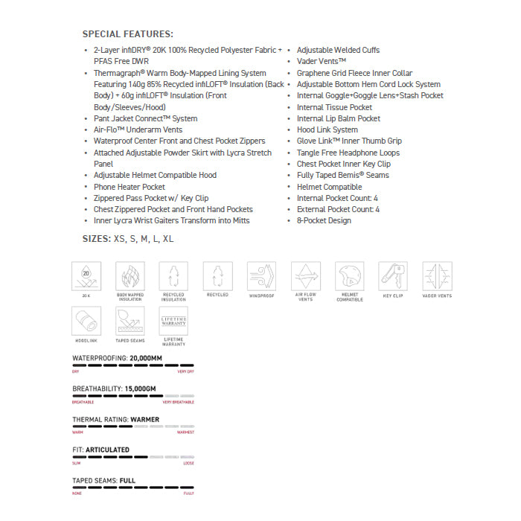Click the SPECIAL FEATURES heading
click(127, 33)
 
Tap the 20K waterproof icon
click(86, 276)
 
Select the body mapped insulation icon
click(130, 276)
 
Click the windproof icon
click(261, 276)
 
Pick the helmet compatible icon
click(349, 276)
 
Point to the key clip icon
click(393, 276)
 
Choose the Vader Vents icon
click(437, 276)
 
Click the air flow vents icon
click(305, 276)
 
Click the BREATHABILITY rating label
click(97, 389)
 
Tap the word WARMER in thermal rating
click(144, 419)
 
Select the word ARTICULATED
click(107, 450)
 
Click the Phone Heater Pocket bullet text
click(130, 187)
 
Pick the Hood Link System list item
click(327, 130)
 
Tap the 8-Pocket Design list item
click(324, 221)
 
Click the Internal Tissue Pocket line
click(334, 107)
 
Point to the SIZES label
click(95, 239)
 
